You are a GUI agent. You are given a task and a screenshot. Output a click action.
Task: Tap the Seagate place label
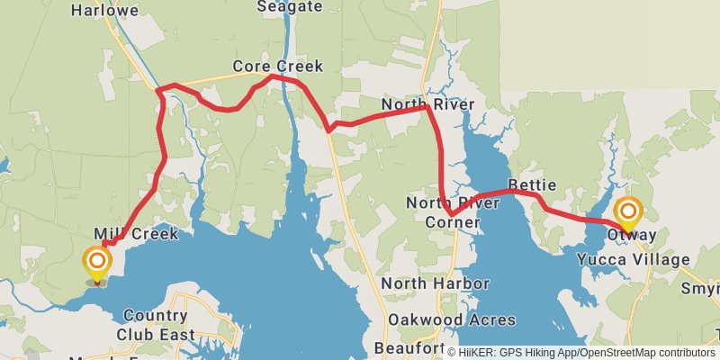[x=289, y=6]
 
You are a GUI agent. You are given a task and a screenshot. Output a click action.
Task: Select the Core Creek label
[x=277, y=67]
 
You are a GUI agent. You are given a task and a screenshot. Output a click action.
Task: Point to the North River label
[x=427, y=105]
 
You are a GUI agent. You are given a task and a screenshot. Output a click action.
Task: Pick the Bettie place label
[x=532, y=185]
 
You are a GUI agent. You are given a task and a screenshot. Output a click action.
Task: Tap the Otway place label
[x=631, y=236]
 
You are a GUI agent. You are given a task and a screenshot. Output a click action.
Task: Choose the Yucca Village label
[x=632, y=260]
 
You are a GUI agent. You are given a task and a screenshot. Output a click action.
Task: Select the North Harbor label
[x=435, y=284]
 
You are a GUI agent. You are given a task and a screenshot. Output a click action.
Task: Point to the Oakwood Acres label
[x=452, y=319]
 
